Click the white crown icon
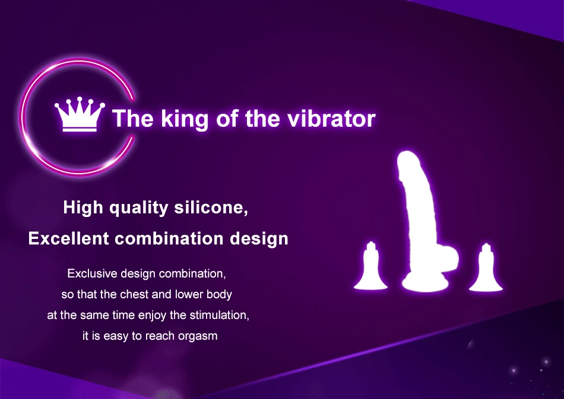point(80,114)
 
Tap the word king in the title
point(185,119)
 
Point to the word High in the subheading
point(83,208)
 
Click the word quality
point(138,208)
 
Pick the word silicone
point(211,208)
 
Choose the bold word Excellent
point(68,238)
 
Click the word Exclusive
point(93,273)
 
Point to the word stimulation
point(220,315)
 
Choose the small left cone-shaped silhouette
point(371,267)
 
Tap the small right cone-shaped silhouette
point(486,268)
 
